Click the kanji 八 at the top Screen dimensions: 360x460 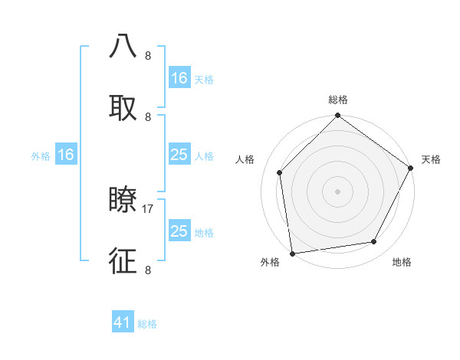(123, 47)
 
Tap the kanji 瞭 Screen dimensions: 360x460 (123, 200)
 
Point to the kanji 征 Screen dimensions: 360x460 (123, 260)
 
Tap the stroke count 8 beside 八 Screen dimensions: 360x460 (147, 56)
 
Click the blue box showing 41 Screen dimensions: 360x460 (123, 322)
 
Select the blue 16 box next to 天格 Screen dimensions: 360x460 (179, 77)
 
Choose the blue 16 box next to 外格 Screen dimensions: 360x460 (66, 155)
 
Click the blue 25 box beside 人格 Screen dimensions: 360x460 (179, 155)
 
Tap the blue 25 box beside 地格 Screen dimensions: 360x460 (179, 231)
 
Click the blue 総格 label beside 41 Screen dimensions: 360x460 (147, 324)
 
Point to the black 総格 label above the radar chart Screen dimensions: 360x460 (338, 100)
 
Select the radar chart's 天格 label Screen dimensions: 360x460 (431, 159)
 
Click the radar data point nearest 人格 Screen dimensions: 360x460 (280, 172)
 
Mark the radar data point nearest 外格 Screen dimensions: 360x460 (292, 253)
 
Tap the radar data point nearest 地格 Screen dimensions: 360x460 (374, 241)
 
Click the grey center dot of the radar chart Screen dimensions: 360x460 (338, 191)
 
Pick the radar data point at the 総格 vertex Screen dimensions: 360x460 (338, 116)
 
